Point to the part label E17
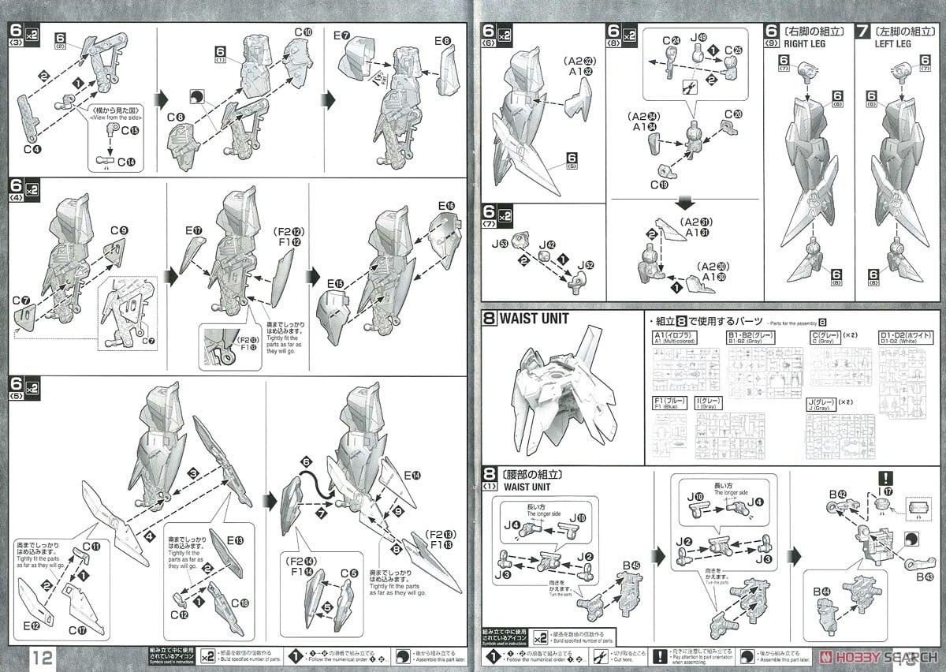point(194,231)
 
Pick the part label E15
point(335,283)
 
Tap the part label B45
point(630,566)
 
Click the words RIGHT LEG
point(802,44)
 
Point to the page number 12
point(43,657)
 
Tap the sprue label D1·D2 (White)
point(907,339)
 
